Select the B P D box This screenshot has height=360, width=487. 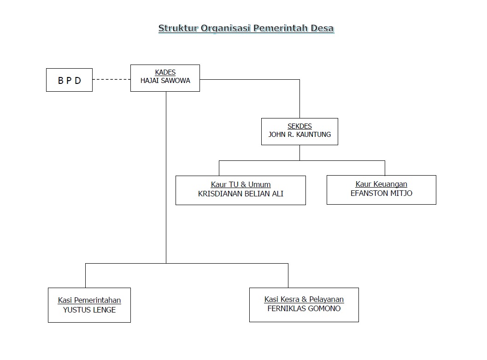point(69,80)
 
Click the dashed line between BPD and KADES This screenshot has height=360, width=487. point(111,79)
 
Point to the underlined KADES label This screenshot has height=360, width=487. point(165,72)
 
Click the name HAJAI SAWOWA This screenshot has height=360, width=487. point(165,81)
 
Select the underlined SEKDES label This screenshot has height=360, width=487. point(299,126)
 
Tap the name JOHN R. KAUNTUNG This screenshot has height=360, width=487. point(299,135)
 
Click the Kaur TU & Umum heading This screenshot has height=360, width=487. point(241,185)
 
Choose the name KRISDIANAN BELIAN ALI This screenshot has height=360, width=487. point(241,194)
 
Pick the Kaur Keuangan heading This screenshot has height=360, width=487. point(381,184)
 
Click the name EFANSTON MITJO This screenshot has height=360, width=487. point(381,193)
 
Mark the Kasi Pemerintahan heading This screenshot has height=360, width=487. point(89,301)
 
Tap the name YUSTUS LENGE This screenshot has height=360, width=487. point(89,310)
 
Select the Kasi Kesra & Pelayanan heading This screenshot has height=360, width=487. point(304,300)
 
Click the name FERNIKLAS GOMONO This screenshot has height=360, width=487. point(304,308)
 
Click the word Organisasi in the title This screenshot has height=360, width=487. point(226,28)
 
